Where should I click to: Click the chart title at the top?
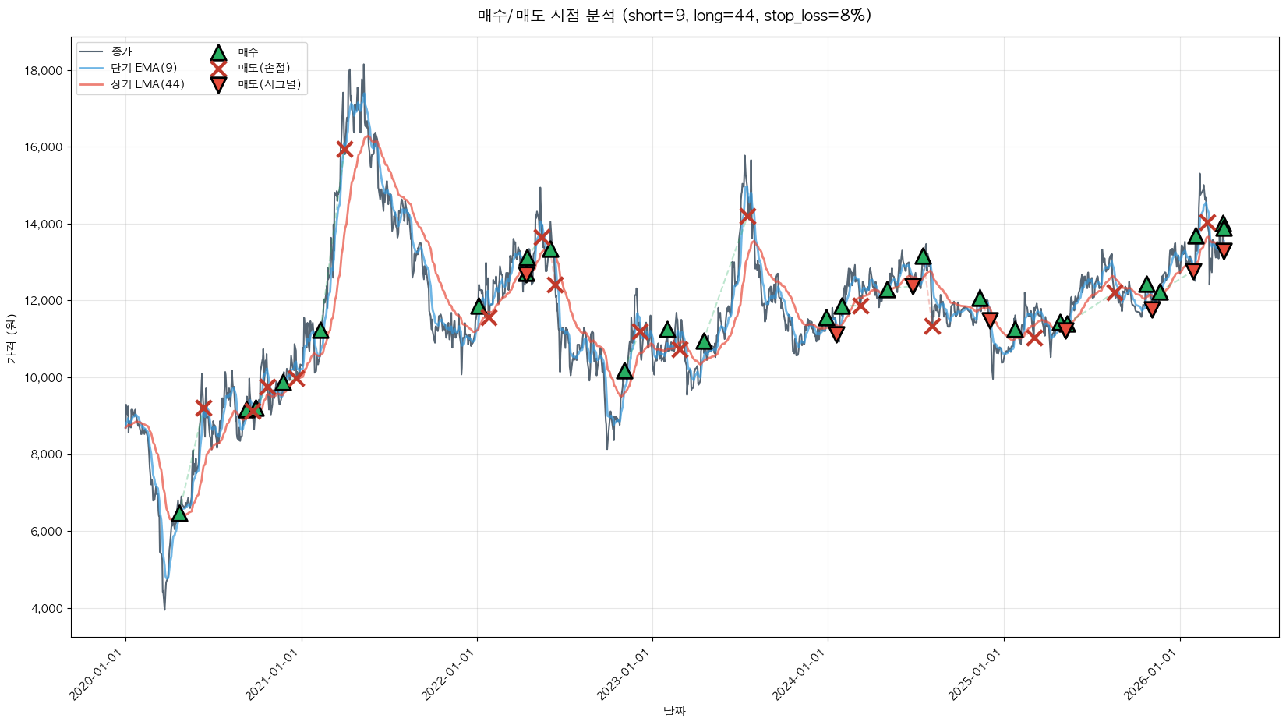pyautogui.click(x=674, y=16)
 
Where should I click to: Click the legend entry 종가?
pyautogui.click(x=122, y=51)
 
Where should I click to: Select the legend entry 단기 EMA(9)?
pyautogui.click(x=143, y=68)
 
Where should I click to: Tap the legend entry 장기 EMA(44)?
pyautogui.click(x=147, y=84)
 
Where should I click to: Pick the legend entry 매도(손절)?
pyautogui.click(x=263, y=68)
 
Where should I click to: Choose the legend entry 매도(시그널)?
pyautogui.click(x=269, y=84)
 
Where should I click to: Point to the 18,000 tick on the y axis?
pyautogui.click(x=44, y=71)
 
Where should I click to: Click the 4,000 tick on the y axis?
pyautogui.click(x=46, y=609)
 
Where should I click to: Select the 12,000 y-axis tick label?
pyautogui.click(x=44, y=301)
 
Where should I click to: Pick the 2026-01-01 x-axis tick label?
pyautogui.click(x=1152, y=674)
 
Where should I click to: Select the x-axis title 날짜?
pyautogui.click(x=674, y=711)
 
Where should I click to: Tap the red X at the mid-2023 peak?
pyautogui.click(x=747, y=215)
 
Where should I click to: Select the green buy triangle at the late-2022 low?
pyautogui.click(x=624, y=371)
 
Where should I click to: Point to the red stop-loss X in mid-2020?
pyautogui.click(x=203, y=408)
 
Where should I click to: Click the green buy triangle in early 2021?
pyautogui.click(x=320, y=331)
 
